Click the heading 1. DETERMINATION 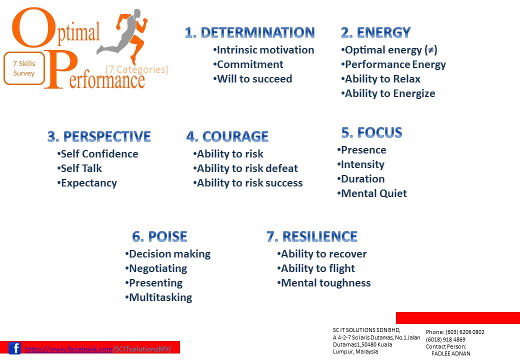[x=249, y=32]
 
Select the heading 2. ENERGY [x=375, y=32]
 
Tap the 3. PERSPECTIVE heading [x=99, y=136]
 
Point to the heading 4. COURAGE [x=227, y=136]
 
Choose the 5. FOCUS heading [x=371, y=132]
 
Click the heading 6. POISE [x=159, y=236]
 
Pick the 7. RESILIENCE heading [x=312, y=236]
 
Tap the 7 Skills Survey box [x=24, y=68]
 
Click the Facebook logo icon [x=15, y=348]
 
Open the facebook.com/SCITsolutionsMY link [x=98, y=349]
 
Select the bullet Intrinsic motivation [x=263, y=50]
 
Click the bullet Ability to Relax [x=380, y=79]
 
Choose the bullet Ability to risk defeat [x=245, y=168]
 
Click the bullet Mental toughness [x=323, y=283]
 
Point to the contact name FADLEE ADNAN [x=450, y=353]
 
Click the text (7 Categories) [x=137, y=69]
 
